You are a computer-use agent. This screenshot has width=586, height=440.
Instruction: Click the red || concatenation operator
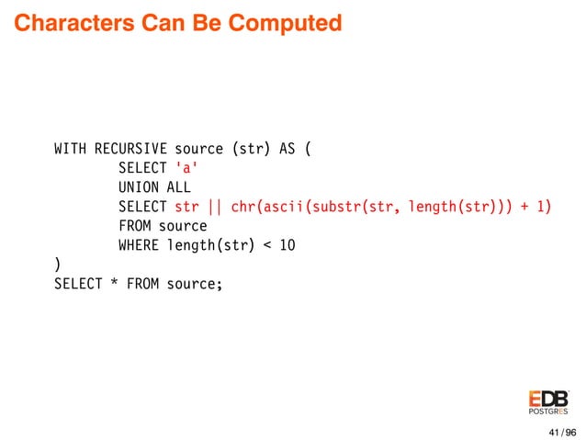click(x=214, y=207)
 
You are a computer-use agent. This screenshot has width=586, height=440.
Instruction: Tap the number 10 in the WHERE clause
click(x=287, y=245)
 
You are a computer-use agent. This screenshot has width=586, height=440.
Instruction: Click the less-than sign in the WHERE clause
click(x=266, y=245)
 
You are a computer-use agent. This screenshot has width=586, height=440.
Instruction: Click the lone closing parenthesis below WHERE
click(x=58, y=265)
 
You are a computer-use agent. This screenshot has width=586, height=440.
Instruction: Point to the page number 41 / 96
click(x=561, y=432)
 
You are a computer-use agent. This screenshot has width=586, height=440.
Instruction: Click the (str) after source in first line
click(x=250, y=148)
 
